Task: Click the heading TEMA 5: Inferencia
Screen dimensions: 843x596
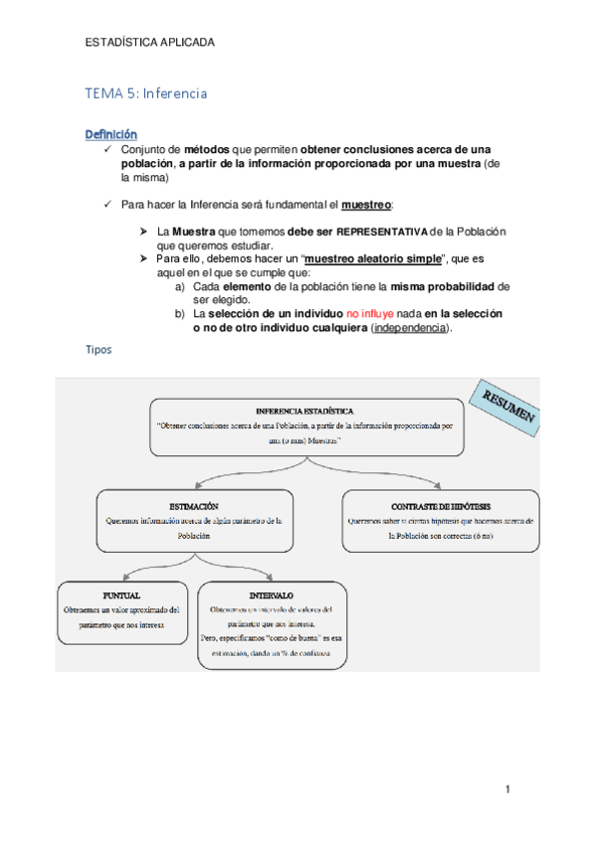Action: (x=146, y=93)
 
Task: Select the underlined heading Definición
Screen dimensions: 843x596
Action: (x=110, y=134)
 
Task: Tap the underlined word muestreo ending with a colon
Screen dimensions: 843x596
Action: (x=366, y=205)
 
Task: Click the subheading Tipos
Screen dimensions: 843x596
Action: (x=99, y=351)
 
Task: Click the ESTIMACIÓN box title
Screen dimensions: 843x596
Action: (x=194, y=506)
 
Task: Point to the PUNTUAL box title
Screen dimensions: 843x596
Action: (x=121, y=595)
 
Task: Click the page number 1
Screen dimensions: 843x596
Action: (x=507, y=790)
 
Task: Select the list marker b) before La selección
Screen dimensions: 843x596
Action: (x=180, y=313)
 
